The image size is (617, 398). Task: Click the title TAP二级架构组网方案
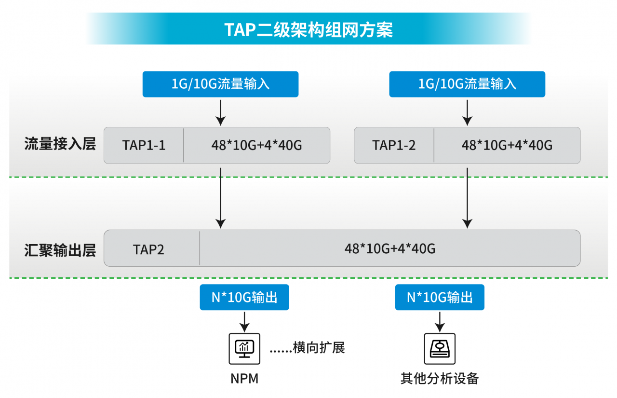308,29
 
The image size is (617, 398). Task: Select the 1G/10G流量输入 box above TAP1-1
220,84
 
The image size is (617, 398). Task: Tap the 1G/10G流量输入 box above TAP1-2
467,84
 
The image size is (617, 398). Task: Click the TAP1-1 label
144,145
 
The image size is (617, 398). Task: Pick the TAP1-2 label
394,145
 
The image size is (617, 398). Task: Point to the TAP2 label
149,249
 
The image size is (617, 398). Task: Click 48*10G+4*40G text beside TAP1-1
257,145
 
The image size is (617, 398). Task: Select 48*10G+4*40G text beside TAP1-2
507,145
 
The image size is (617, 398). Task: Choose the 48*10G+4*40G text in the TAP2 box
390,248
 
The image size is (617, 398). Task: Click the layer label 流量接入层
60,144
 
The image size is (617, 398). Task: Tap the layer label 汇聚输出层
60,250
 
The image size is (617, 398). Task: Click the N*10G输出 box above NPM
244,297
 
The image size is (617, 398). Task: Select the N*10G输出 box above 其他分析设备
440,297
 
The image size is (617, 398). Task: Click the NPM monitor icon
244,349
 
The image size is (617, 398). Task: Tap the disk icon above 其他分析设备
440,349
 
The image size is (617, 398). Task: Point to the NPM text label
244,379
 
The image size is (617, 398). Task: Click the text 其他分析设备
440,378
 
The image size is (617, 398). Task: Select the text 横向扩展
319,347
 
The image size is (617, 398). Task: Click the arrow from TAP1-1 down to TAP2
220,198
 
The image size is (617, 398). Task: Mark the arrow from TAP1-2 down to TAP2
467,198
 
